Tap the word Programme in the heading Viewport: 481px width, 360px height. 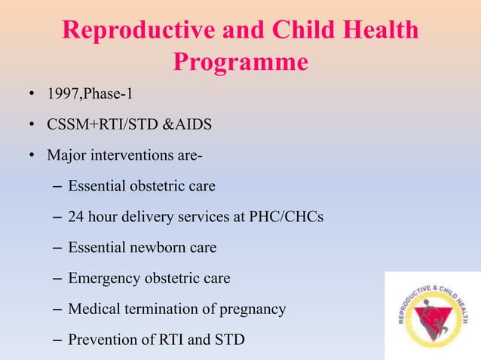[240, 62]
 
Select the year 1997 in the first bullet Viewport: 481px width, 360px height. [63, 94]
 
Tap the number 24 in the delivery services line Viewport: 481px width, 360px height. [76, 217]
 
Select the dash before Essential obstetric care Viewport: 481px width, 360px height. [58, 186]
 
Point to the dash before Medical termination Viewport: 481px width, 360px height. [58, 309]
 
